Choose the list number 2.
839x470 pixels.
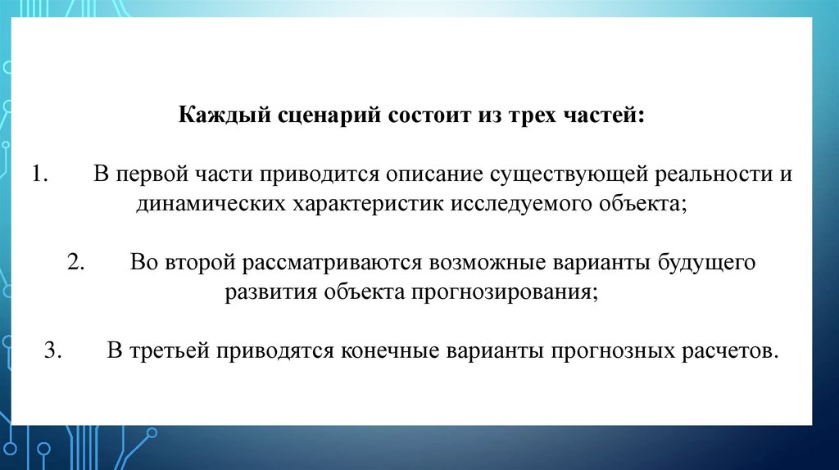(79, 264)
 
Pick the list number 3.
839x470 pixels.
(54, 351)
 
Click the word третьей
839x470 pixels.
(168, 351)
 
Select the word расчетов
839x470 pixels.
(723, 351)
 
